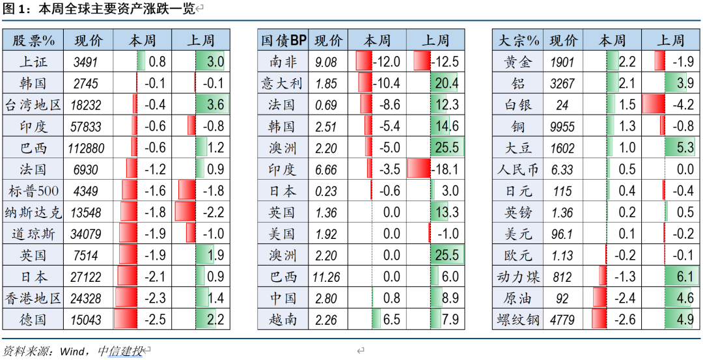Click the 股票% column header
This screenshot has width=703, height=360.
pos(33,40)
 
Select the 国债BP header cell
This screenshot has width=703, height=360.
pos(283,40)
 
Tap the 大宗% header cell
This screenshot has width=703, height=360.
pos(519,40)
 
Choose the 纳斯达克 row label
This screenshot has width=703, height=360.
pos(33,212)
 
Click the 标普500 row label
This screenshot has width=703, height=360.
pos(33,191)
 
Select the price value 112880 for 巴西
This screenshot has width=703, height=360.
pos(86,148)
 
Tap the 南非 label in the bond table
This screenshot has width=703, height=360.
pos(283,62)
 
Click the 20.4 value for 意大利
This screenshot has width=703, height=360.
pos(447,83)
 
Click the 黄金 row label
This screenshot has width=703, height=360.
pos(519,62)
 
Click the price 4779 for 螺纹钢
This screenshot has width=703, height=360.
pos(562,320)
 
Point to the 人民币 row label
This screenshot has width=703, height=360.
pos(519,169)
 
